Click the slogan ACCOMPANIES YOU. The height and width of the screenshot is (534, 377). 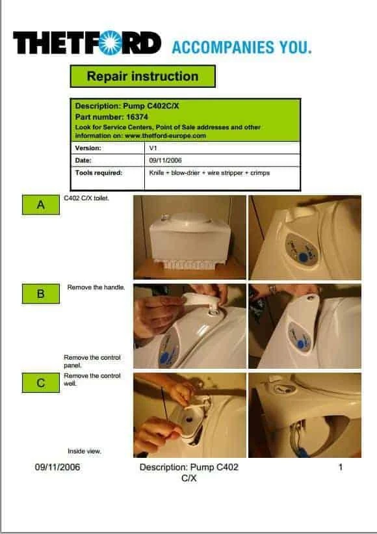[x=241, y=47]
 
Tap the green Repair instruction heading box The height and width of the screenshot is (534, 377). [x=142, y=76]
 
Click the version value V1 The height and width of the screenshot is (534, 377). [x=154, y=148]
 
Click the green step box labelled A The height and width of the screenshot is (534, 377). [x=40, y=205]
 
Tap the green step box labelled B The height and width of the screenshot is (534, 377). [x=40, y=294]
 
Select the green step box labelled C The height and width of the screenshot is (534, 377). [x=40, y=383]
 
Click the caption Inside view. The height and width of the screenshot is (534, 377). [x=84, y=451]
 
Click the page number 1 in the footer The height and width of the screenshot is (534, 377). [x=340, y=467]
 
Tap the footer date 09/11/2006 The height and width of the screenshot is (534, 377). [x=57, y=467]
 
